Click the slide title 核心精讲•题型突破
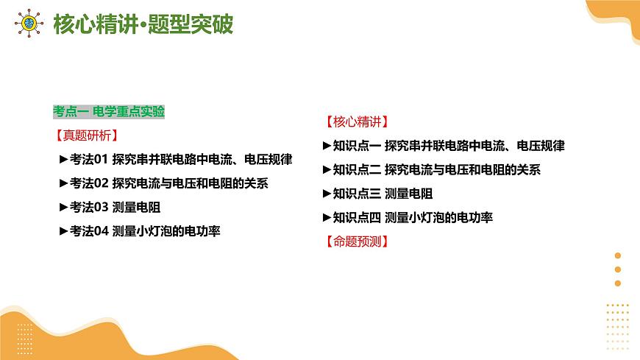(143, 24)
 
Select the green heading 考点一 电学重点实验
(109, 112)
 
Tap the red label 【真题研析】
(85, 135)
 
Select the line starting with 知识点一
(449, 146)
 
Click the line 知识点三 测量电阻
(383, 194)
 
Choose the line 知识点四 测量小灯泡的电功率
(412, 218)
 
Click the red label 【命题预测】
(357, 241)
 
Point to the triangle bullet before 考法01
(64, 159)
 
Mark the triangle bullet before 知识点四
(327, 218)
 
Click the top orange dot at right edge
(618, 256)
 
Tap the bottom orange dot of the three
(618, 283)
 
